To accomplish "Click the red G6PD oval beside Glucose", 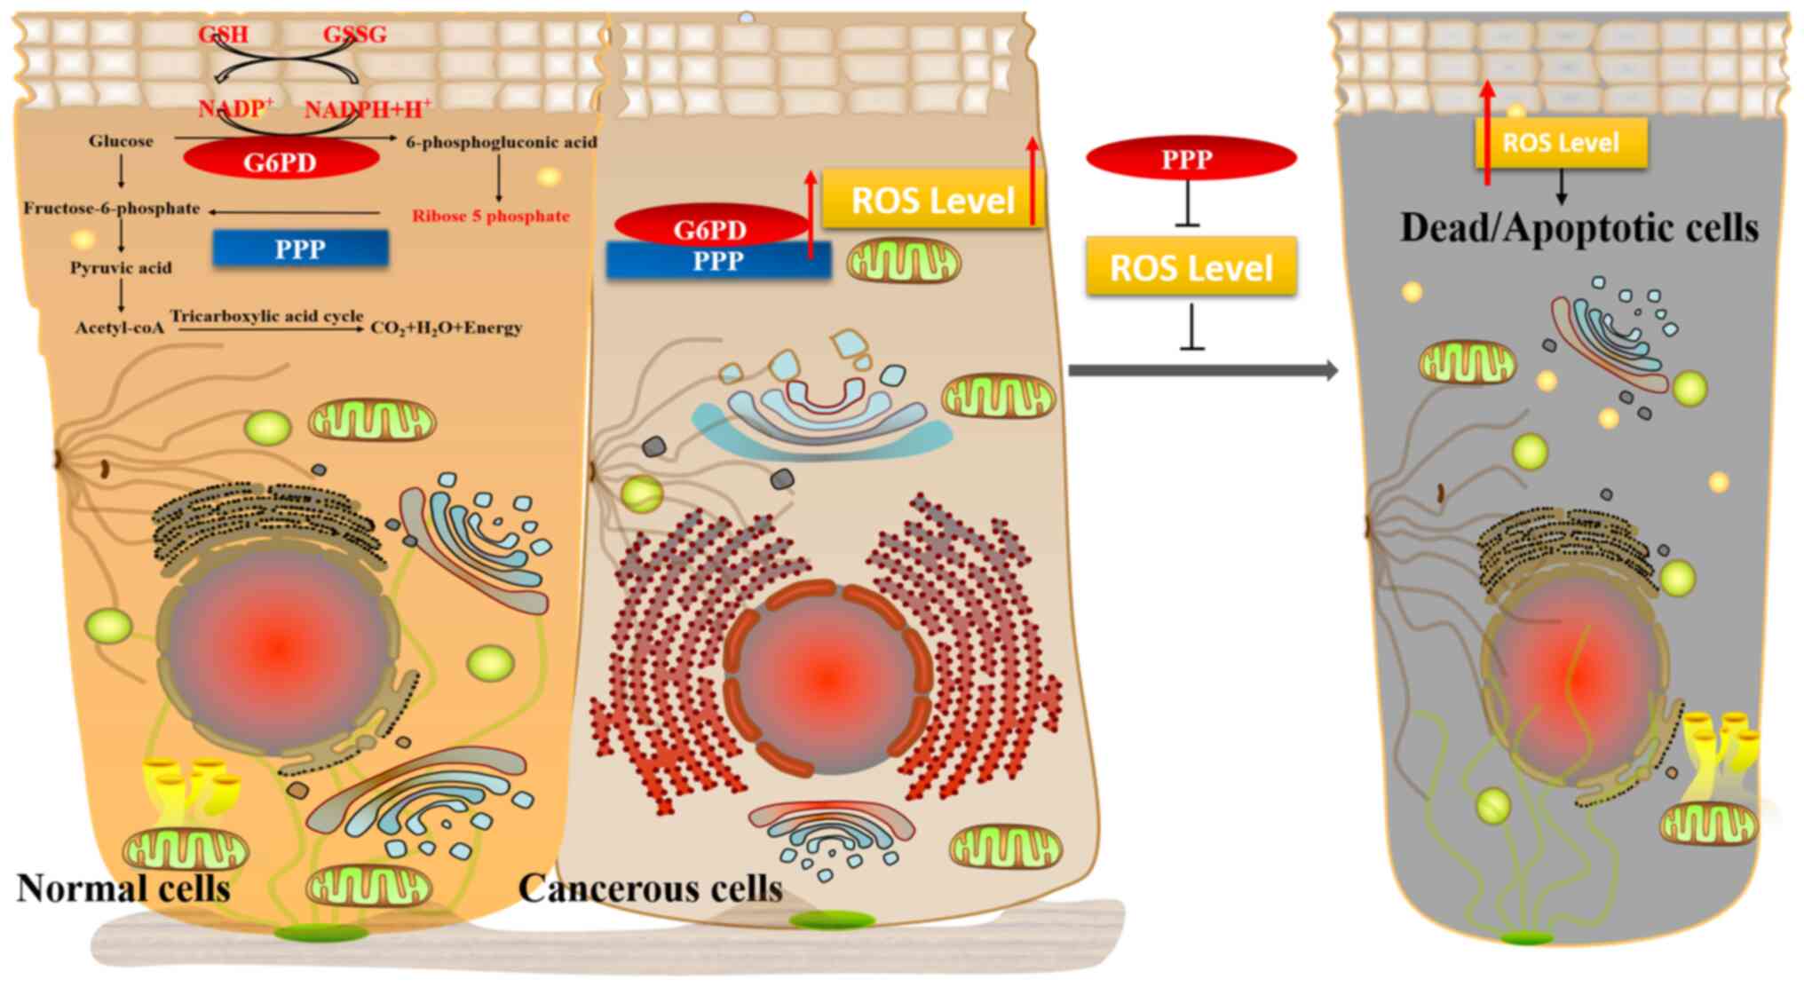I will (x=281, y=162).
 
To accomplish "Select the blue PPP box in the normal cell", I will (x=300, y=249).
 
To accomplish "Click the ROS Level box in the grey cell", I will (x=1561, y=143).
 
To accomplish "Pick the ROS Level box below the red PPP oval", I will (x=1191, y=267).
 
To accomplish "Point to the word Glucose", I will (x=121, y=141).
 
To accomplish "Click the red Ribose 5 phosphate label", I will (x=490, y=216).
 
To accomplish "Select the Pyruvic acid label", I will (x=121, y=267).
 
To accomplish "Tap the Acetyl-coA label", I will (x=120, y=328).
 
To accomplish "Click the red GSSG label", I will (x=355, y=35).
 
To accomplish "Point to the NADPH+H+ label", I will (x=368, y=109).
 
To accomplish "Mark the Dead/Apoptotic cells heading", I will (x=1578, y=228).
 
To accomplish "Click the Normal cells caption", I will (x=123, y=888).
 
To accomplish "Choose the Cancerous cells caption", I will (x=650, y=888).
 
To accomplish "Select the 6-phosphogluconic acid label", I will (x=502, y=142).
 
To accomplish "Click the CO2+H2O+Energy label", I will (x=447, y=328).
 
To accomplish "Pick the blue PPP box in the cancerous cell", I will (x=717, y=262).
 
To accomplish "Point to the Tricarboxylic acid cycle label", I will (x=266, y=316).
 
